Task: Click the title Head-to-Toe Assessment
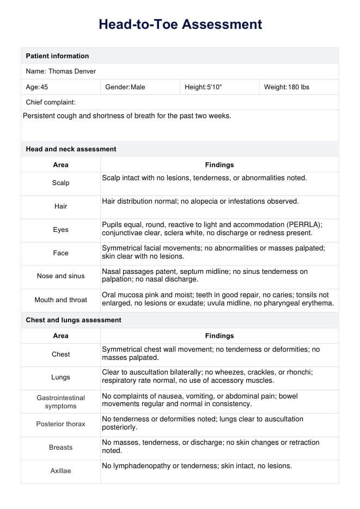(180, 24)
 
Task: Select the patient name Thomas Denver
(72, 71)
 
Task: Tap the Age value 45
(44, 87)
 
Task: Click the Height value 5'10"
(215, 87)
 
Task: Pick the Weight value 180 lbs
(297, 87)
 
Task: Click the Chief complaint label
(51, 102)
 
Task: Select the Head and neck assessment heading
(71, 149)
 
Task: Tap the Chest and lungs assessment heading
(74, 320)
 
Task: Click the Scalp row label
(60, 183)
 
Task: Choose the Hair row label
(60, 206)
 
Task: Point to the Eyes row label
(60, 230)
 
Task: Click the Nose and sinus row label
(60, 276)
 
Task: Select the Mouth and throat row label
(60, 300)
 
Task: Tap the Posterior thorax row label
(60, 424)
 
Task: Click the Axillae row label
(60, 471)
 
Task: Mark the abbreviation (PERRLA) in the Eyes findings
(304, 225)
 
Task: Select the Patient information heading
(57, 56)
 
